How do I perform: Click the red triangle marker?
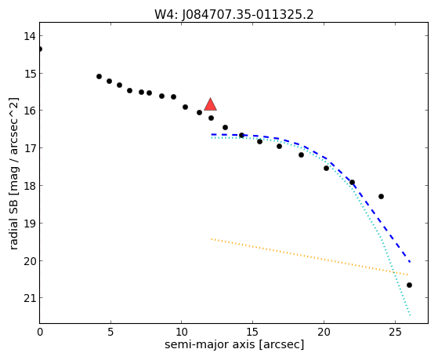click(x=210, y=104)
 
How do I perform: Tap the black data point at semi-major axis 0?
click(x=40, y=49)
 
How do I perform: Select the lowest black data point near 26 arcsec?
click(x=409, y=285)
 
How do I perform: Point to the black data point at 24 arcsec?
click(x=381, y=196)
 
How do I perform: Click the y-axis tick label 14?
click(x=30, y=36)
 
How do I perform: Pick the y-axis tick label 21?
click(x=30, y=298)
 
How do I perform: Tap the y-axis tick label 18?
click(x=30, y=186)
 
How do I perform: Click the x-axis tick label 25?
click(x=395, y=332)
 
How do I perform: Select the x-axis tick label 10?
click(x=182, y=332)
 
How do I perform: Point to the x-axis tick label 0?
click(x=40, y=332)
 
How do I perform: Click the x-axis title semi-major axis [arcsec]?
click(x=234, y=344)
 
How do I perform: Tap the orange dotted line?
click(x=309, y=256)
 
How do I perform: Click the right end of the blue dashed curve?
click(x=410, y=262)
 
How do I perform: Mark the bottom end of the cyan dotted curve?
click(x=410, y=315)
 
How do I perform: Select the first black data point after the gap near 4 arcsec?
click(x=99, y=76)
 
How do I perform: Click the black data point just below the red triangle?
click(x=211, y=118)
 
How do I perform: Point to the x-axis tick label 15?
click(x=252, y=332)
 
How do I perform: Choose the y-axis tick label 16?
click(x=30, y=111)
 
